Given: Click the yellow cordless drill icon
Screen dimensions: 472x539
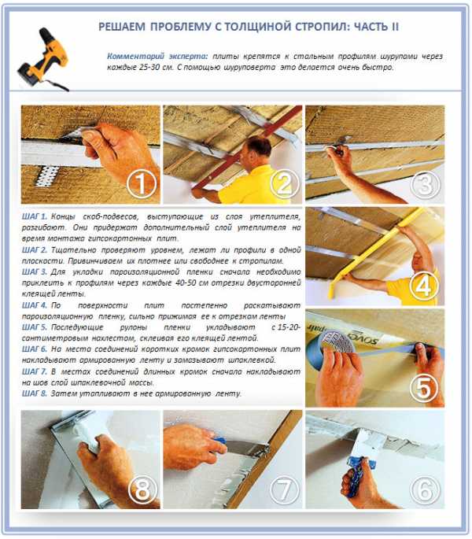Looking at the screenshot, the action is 43,59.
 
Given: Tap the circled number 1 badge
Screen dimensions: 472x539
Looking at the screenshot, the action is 142,183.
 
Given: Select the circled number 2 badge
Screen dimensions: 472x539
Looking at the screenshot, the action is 284,183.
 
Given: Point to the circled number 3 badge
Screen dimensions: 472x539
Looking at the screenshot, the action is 426,183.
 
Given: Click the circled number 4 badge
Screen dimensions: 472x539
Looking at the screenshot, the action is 423,286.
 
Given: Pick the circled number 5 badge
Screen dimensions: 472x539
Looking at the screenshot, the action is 423,388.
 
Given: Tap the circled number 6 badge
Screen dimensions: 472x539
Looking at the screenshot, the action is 425,489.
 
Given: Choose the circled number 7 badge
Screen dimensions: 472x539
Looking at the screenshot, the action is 284,489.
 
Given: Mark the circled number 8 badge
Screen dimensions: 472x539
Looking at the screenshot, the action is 142,489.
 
